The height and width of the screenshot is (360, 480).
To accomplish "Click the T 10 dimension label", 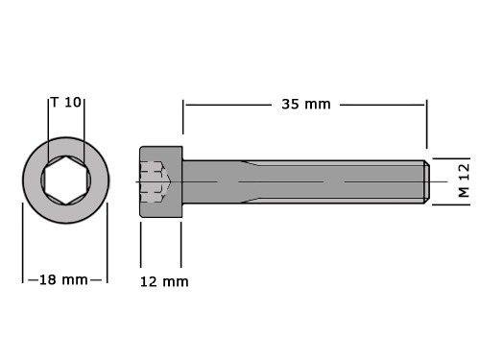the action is pyautogui.click(x=66, y=103).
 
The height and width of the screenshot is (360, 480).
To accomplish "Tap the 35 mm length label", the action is pyautogui.click(x=306, y=105).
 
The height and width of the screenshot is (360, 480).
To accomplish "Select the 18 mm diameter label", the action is pyautogui.click(x=63, y=280).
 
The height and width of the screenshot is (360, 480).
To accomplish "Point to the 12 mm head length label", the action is pyautogui.click(x=164, y=282).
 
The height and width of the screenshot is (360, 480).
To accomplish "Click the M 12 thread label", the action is pyautogui.click(x=464, y=180).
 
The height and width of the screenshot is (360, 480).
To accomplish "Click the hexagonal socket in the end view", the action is pyautogui.click(x=66, y=180).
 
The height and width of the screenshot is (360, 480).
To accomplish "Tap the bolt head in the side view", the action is pyautogui.click(x=161, y=182).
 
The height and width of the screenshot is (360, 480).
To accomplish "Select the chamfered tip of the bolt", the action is pyautogui.click(x=427, y=182).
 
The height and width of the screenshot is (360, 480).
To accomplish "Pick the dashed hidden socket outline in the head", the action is pyautogui.click(x=156, y=181).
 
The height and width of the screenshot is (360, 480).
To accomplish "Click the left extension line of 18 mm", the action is pyautogui.click(x=23, y=243).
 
